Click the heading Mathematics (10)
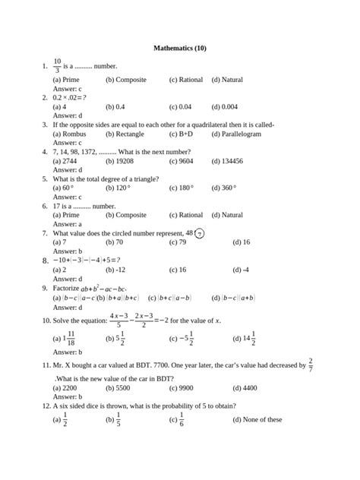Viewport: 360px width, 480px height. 180,49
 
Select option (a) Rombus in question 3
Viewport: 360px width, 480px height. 69,134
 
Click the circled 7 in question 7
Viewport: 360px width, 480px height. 199,234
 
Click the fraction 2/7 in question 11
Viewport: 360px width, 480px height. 311,366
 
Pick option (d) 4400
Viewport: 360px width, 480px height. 245,387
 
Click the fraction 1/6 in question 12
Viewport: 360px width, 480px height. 181,419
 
